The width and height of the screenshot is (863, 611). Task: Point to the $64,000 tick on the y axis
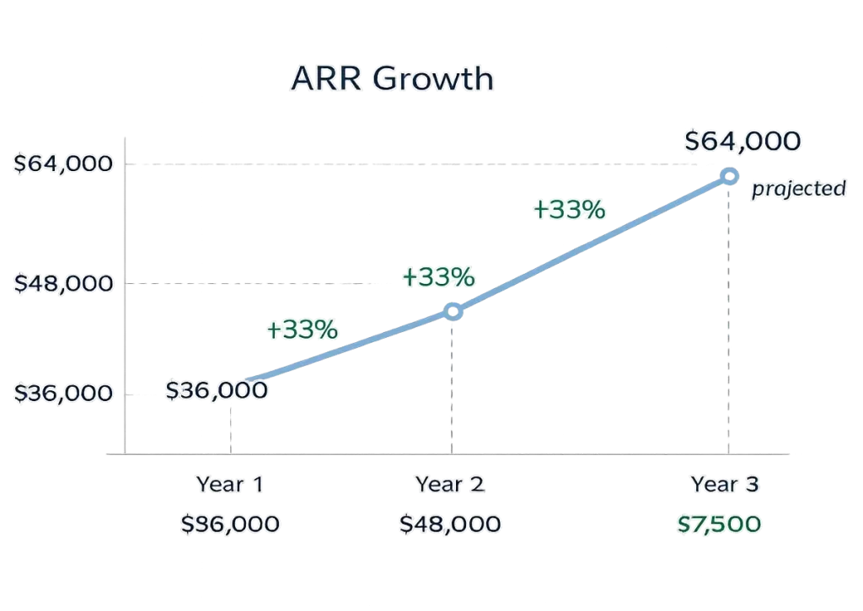(63, 163)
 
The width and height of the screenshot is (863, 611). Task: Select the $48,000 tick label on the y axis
(63, 283)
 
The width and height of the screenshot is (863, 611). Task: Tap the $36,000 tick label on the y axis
(63, 394)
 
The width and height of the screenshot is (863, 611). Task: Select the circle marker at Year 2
(453, 312)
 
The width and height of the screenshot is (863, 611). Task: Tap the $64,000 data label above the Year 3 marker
(742, 141)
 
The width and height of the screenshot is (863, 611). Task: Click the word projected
(798, 188)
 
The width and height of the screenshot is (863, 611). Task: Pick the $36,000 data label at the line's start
(217, 390)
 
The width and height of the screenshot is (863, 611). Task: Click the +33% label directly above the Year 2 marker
(438, 276)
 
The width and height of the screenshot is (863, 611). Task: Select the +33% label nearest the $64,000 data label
(570, 209)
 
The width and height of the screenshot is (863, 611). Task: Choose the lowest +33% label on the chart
(302, 330)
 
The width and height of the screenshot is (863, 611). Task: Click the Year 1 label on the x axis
(230, 485)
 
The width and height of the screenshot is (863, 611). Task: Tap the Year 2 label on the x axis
(449, 485)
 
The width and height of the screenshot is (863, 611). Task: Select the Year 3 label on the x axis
(725, 485)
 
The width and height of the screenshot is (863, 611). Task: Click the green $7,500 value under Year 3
(719, 524)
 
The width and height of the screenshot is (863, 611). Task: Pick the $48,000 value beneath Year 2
(449, 524)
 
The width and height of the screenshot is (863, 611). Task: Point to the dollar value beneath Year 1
(230, 524)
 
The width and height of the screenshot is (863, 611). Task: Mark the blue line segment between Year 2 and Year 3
(590, 244)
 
